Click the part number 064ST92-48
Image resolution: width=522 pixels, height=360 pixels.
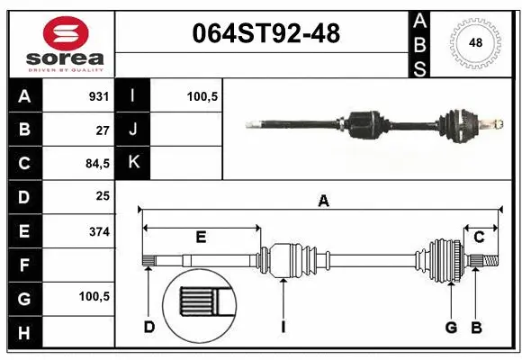coord(266,34)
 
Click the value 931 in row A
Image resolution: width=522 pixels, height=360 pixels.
coord(99,96)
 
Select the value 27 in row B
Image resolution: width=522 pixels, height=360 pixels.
coord(103,130)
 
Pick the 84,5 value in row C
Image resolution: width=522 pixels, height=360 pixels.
coord(97,163)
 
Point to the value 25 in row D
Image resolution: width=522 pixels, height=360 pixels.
coord(103,195)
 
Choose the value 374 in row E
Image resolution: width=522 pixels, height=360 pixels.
coord(99,231)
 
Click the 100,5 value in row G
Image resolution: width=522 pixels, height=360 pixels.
coord(94,296)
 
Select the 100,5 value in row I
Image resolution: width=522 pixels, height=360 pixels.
coord(202,96)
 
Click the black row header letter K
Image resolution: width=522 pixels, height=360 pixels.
coord(133,163)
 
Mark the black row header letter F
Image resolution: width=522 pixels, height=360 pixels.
coord(23,265)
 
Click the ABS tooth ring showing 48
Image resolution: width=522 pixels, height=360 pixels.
coord(474,42)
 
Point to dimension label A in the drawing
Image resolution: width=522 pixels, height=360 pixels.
coord(323,202)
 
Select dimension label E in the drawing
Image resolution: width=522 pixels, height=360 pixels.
coord(201,238)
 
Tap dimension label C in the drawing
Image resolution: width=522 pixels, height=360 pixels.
coord(479,238)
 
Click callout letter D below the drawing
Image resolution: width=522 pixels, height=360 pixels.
coord(149,326)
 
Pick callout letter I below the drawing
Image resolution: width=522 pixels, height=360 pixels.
coord(283,326)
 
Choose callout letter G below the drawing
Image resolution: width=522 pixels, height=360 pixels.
coord(453,326)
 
